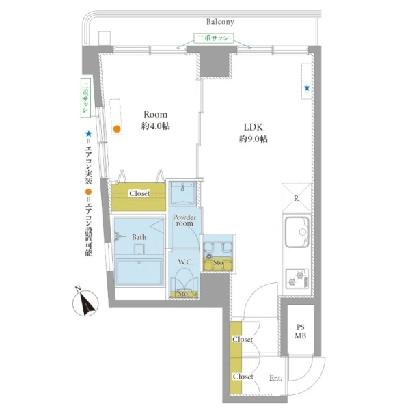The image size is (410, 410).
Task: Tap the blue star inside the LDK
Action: (x=307, y=87)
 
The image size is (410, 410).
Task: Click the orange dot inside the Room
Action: (x=117, y=128)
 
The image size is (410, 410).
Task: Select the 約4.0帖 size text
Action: (x=156, y=126)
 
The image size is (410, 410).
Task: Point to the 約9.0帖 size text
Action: (x=254, y=139)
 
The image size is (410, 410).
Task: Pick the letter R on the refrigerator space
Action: (x=295, y=199)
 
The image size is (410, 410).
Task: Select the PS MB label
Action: (x=301, y=332)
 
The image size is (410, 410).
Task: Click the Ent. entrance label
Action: (x=276, y=377)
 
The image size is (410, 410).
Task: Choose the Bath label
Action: (x=139, y=237)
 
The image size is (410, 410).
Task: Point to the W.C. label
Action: (x=184, y=262)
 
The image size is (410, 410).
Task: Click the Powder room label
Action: (x=184, y=222)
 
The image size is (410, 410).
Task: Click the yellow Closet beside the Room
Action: (x=139, y=193)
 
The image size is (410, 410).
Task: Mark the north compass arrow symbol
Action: (x=87, y=303)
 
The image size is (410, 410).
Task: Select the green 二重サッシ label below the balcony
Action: (x=215, y=39)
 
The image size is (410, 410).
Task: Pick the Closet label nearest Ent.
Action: (x=243, y=377)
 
